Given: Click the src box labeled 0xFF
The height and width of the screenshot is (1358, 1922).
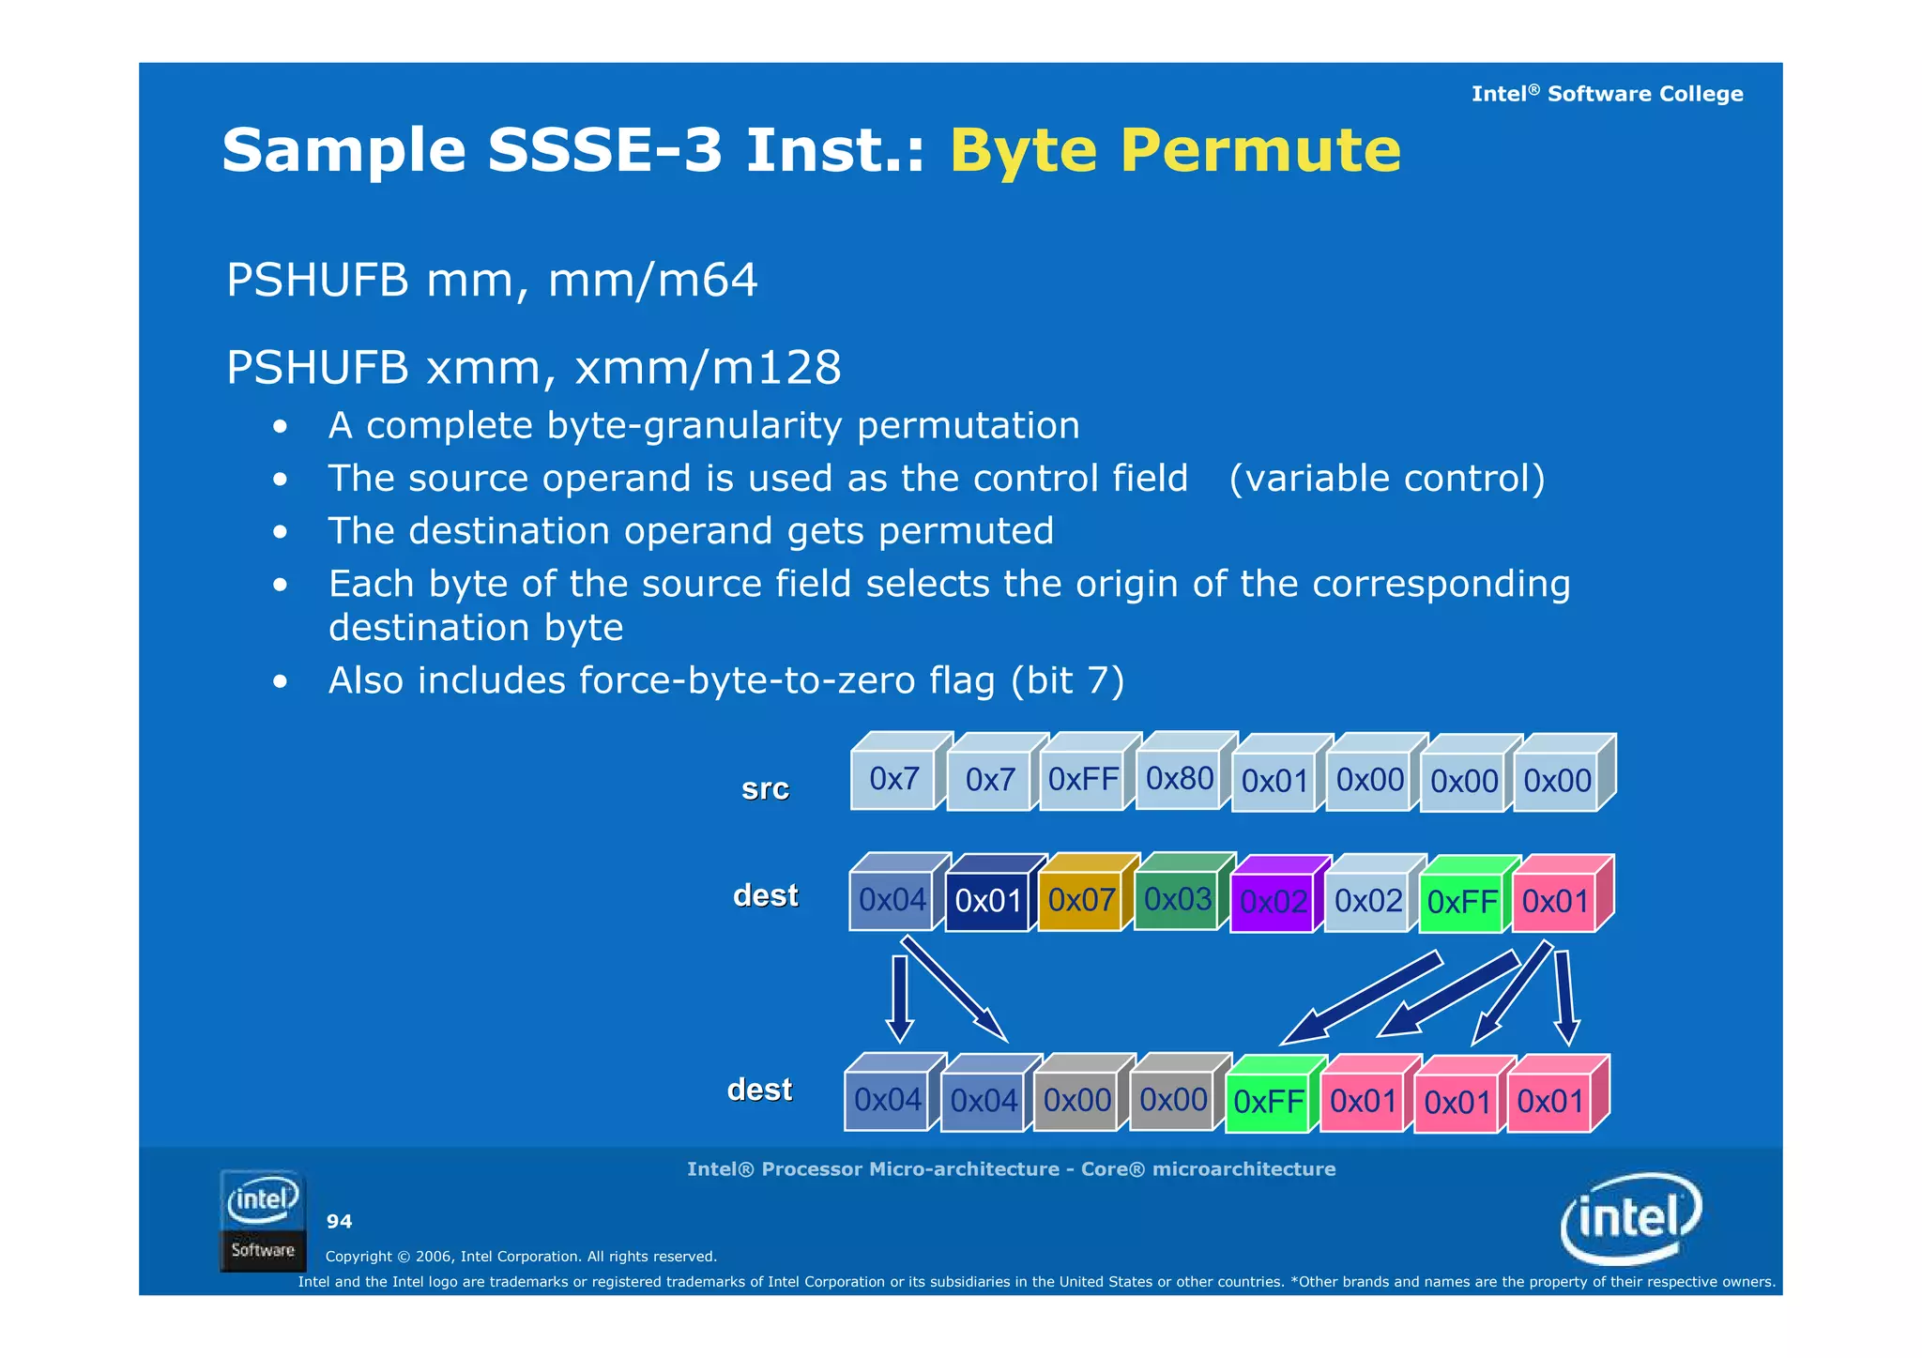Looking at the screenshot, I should point(1083,780).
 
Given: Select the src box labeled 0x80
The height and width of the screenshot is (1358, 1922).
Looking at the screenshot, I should point(1179,778).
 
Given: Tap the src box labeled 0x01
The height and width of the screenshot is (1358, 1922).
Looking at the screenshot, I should point(1274,781).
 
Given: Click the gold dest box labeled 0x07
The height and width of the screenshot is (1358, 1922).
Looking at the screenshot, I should point(1081,901).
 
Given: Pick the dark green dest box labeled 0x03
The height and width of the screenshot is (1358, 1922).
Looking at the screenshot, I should point(1177,899).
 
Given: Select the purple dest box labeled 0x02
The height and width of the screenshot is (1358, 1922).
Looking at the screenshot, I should point(1273,902).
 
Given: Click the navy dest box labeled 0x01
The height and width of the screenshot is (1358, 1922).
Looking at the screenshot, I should point(987,901).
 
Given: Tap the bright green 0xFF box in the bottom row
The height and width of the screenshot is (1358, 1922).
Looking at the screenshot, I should point(1268,1102).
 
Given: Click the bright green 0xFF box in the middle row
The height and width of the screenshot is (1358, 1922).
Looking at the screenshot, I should point(1461,902).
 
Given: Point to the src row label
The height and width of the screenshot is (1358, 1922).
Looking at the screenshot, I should point(765,789).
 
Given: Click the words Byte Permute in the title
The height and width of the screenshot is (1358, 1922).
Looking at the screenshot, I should point(1175,150).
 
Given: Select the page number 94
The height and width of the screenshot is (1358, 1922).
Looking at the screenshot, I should point(339,1222).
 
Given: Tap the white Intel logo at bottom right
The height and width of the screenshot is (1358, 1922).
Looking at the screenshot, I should point(1631,1218).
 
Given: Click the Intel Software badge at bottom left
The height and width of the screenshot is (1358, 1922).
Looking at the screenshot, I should point(263,1221).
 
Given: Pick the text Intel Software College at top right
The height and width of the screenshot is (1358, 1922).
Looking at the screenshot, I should point(1607,94).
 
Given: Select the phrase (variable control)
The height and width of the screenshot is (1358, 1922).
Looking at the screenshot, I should point(1386,479).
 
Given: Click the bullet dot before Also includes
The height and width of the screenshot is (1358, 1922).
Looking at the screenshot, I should point(280,681).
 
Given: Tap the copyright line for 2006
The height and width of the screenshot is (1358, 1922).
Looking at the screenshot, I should point(521,1257).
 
